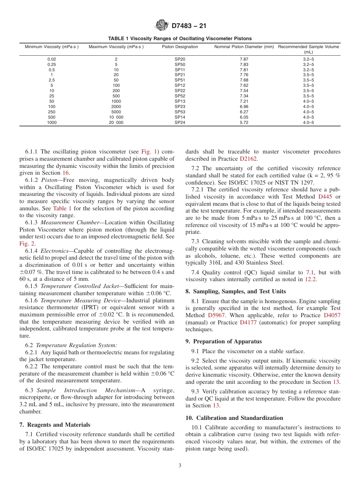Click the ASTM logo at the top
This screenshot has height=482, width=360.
tap(162, 26)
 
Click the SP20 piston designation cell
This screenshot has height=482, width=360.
tap(180, 59)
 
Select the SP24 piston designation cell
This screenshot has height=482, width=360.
tap(180, 122)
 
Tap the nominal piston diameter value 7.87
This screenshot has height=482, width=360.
tap(244, 59)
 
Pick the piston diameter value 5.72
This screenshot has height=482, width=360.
tap(244, 122)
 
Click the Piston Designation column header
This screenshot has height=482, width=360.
tap(180, 47)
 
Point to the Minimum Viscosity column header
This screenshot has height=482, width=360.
tap(52, 47)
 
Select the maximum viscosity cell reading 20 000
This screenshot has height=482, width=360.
tap(116, 122)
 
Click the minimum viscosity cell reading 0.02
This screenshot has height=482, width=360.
tap(52, 59)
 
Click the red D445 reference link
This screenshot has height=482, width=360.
tap(324, 197)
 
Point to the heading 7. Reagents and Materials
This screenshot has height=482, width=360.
tap(55, 425)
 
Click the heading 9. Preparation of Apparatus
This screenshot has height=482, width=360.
tap(224, 341)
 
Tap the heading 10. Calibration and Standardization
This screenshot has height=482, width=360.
tap(234, 418)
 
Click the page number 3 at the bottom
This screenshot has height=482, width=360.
tap(180, 466)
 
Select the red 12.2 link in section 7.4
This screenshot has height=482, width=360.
tap(310, 279)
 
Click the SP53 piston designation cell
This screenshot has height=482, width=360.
tap(180, 112)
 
